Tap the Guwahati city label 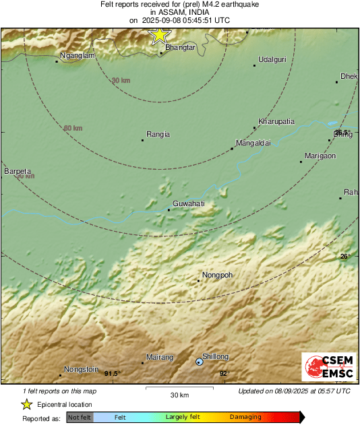point(189,203)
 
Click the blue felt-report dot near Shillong point(199,362)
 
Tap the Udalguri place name point(272,59)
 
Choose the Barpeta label point(18,172)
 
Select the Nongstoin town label point(81,369)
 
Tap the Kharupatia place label point(276,121)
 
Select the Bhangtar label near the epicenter point(180,48)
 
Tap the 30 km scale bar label point(179,395)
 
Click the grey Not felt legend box point(80,418)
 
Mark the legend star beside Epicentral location point(26,405)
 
